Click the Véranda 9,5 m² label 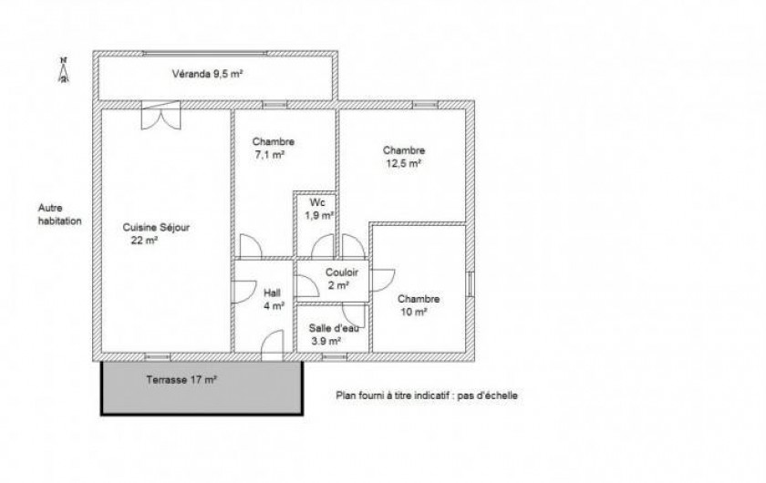(x=208, y=74)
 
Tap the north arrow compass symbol (x=64, y=70)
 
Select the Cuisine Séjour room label (x=156, y=227)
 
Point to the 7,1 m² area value (x=270, y=155)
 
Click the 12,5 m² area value (x=403, y=163)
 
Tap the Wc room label (x=317, y=202)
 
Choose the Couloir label (x=342, y=272)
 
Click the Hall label (x=272, y=293)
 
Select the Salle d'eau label (x=334, y=328)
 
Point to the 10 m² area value (x=414, y=312)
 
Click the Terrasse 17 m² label (x=181, y=379)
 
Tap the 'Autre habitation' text (x=59, y=214)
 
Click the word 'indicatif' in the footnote (x=431, y=396)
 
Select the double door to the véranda (x=160, y=115)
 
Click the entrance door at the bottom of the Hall (x=272, y=345)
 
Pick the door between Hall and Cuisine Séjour (x=243, y=292)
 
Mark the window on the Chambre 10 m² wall (x=470, y=283)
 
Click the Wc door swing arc (x=323, y=246)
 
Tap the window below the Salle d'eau (x=334, y=357)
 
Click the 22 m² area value (x=144, y=240)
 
